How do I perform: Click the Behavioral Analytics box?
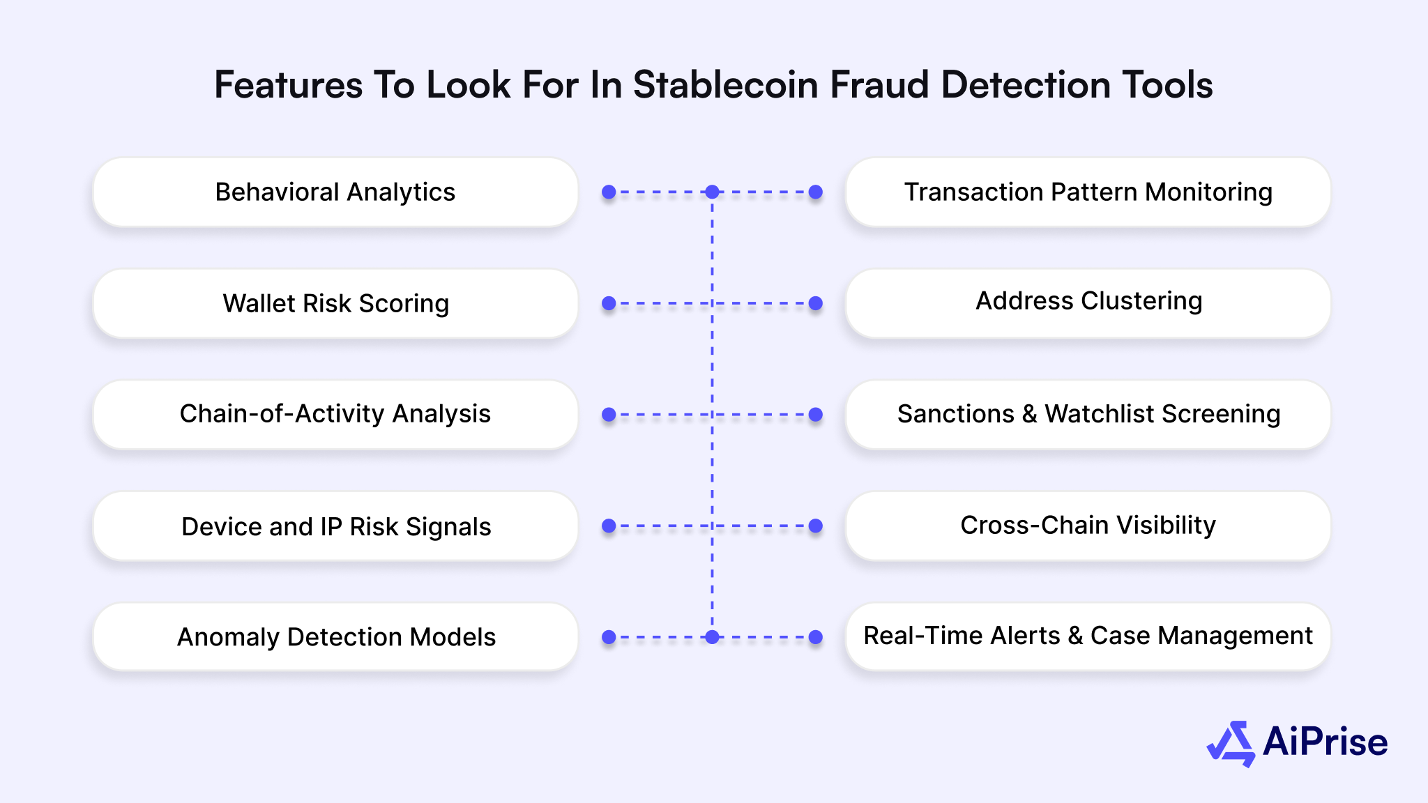[335, 192]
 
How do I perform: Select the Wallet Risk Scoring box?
[335, 304]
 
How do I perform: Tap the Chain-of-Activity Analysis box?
[335, 415]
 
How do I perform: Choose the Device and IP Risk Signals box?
[335, 526]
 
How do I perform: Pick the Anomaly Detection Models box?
[335, 637]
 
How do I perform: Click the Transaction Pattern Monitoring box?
[1088, 192]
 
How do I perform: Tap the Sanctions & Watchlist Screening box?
[1088, 415]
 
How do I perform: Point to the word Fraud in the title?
[879, 85]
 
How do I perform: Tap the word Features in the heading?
[288, 85]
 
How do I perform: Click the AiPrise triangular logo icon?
[1231, 743]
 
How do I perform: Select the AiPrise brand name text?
[1325, 742]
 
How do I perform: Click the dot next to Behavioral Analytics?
[609, 192]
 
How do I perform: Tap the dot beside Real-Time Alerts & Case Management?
[816, 637]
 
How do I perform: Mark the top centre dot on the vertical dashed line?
[712, 192]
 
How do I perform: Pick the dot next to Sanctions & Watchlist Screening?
[816, 415]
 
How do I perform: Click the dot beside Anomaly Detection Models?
[609, 637]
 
